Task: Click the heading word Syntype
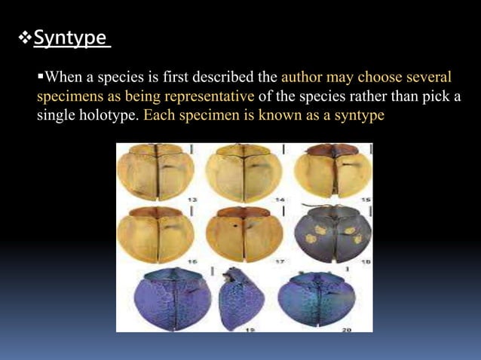click(x=72, y=38)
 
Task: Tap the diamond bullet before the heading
click(x=24, y=38)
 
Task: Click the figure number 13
click(x=192, y=198)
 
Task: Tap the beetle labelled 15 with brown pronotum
click(x=326, y=172)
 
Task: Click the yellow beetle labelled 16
click(x=156, y=233)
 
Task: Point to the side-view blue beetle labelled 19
click(x=240, y=299)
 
